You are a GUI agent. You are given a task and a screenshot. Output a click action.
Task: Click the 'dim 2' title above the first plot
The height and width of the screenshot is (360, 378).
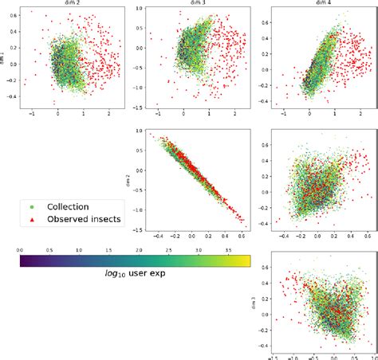coord(73,3)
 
